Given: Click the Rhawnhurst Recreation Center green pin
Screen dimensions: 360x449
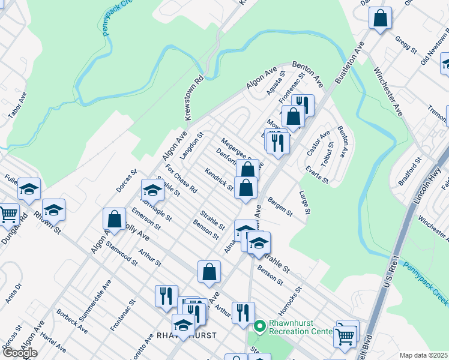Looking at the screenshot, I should (x=259, y=327).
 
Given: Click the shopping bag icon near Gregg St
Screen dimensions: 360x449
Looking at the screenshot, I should (x=380, y=19).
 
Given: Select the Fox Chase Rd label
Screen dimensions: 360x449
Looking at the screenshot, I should (x=181, y=178).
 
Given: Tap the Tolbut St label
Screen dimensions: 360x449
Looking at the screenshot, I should (x=327, y=155).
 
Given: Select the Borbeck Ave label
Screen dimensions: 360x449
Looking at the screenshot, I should (x=72, y=322).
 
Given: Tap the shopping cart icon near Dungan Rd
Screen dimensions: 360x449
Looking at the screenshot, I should (x=8, y=214).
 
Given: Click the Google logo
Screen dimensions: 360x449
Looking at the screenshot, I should (x=20, y=352).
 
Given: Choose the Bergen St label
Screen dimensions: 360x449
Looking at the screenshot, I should (x=280, y=206).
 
